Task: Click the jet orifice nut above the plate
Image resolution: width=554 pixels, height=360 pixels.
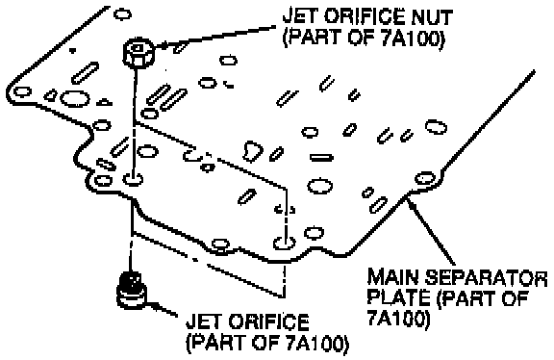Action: pyautogui.click(x=138, y=53)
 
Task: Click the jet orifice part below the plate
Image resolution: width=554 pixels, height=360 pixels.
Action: pyautogui.click(x=132, y=291)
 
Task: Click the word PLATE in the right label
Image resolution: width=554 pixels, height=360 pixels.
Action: pyautogui.click(x=398, y=297)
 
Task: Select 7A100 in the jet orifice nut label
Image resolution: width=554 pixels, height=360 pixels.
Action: pyautogui.click(x=412, y=38)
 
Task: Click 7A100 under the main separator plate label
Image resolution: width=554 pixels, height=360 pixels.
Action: pyautogui.click(x=397, y=318)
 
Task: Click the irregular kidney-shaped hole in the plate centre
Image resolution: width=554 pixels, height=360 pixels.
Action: pyautogui.click(x=253, y=151)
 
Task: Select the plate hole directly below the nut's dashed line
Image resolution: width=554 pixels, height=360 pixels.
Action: pyautogui.click(x=133, y=179)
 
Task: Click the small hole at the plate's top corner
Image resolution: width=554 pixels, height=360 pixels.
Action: pyautogui.click(x=122, y=14)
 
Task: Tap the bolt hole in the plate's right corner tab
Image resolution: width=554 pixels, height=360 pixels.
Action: pyautogui.click(x=424, y=177)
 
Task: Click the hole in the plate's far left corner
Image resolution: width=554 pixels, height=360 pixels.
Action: pyautogui.click(x=22, y=92)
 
